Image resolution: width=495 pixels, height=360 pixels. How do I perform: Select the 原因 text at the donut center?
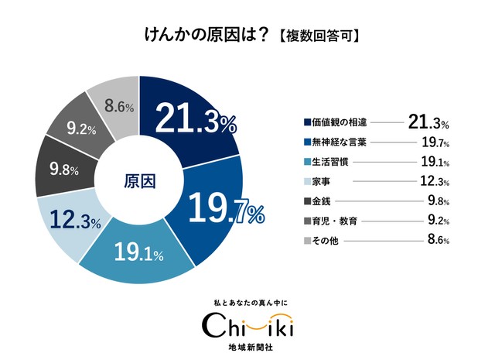pos(140,180)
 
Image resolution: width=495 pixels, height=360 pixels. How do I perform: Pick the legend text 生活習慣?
pos(331,162)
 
